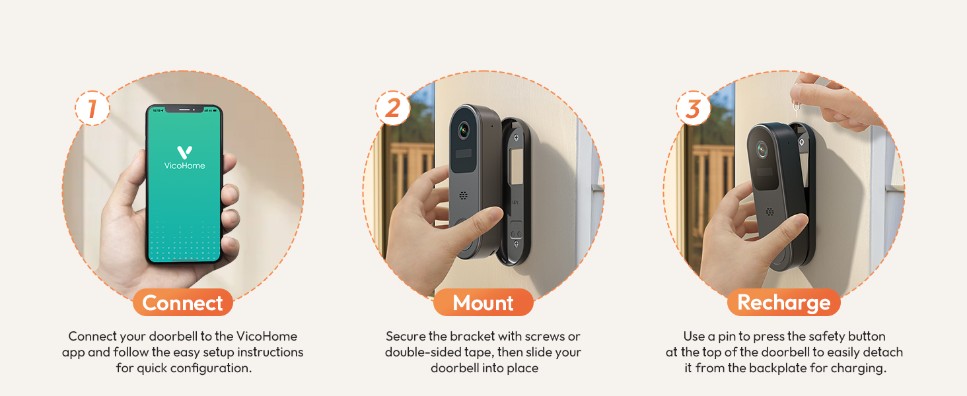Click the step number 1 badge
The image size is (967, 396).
[92, 109]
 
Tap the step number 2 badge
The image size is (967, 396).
[392, 108]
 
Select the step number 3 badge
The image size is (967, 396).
[693, 109]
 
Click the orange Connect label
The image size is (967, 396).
[182, 303]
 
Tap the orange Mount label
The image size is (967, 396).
[483, 303]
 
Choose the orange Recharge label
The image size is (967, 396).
[783, 303]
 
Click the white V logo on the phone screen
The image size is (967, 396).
[184, 152]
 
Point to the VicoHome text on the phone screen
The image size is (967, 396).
[184, 166]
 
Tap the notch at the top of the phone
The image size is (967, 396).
[184, 109]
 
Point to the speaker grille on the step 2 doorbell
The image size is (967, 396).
[464, 196]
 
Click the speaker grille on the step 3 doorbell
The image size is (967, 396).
[770, 212]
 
